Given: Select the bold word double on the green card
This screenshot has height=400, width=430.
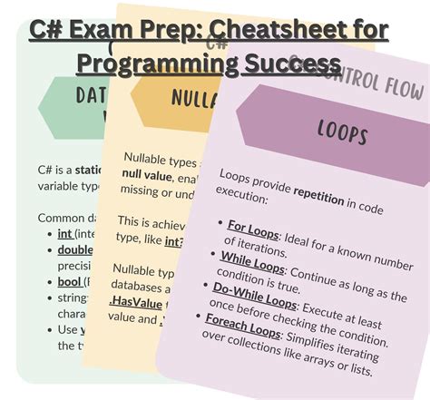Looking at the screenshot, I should point(74,249).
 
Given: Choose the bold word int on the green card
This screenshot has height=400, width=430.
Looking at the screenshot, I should point(64,233).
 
